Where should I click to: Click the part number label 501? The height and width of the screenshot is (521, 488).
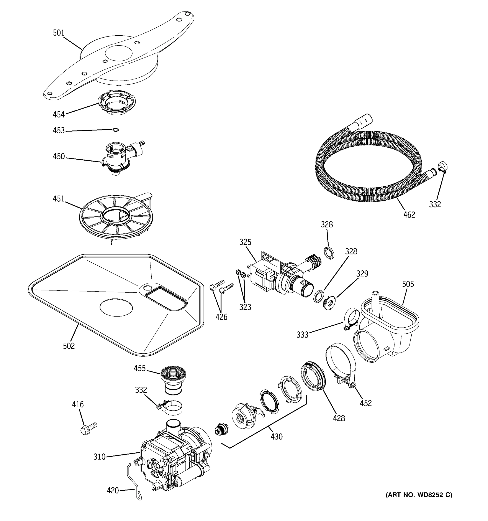pyautogui.click(x=59, y=33)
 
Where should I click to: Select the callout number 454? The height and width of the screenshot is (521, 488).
pyautogui.click(x=59, y=115)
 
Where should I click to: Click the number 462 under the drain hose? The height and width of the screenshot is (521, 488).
pyautogui.click(x=409, y=215)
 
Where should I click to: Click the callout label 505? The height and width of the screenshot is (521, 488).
pyautogui.click(x=408, y=284)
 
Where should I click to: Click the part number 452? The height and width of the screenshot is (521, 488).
pyautogui.click(x=365, y=403)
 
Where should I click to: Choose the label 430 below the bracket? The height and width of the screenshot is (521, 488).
pyautogui.click(x=277, y=437)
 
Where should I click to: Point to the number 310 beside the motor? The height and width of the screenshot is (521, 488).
pyautogui.click(x=100, y=457)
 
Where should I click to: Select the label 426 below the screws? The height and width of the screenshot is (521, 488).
pyautogui.click(x=221, y=317)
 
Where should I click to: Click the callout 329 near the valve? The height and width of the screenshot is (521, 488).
pyautogui.click(x=362, y=274)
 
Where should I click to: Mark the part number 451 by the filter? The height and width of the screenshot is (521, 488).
pyautogui.click(x=59, y=199)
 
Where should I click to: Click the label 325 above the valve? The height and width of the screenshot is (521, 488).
pyautogui.click(x=245, y=242)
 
